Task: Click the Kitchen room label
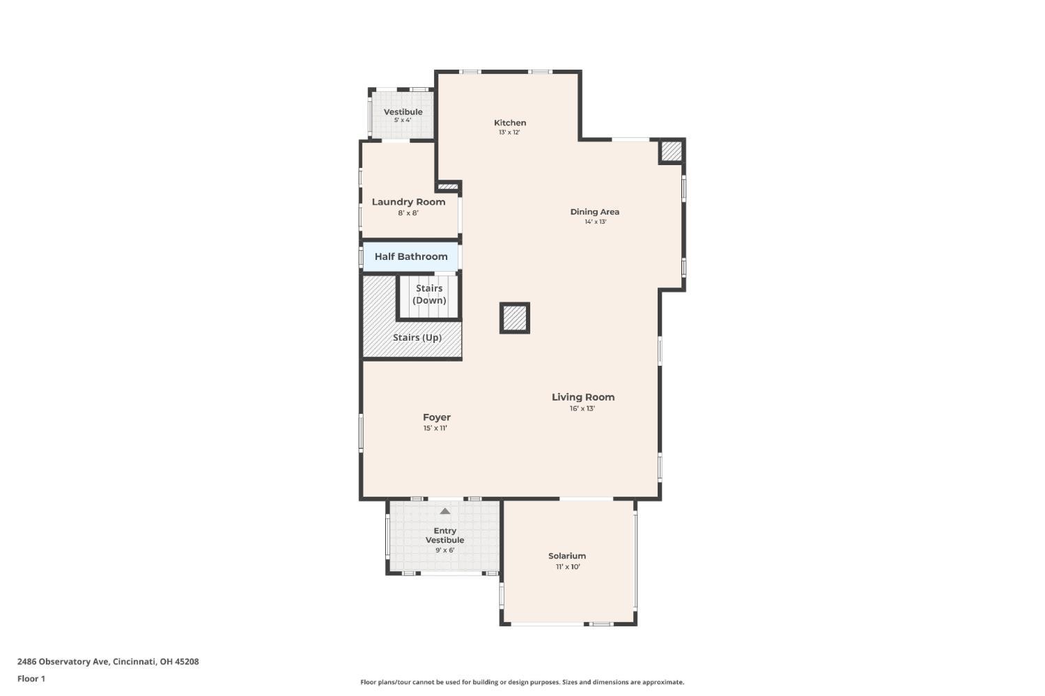510,123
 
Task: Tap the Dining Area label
595,212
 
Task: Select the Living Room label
583,397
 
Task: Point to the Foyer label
437,417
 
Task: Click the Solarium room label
567,555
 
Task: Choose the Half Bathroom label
411,256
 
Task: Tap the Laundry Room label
408,202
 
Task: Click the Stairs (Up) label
417,337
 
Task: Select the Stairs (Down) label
429,294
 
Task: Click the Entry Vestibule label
444,535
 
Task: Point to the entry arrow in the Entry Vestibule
445,511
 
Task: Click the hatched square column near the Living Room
515,318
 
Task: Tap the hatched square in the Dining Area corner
672,152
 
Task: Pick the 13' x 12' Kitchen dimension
509,132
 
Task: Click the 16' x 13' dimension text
582,409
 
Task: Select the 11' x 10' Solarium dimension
568,567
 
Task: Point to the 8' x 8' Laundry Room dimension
408,213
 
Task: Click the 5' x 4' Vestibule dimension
403,121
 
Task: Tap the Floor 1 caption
31,679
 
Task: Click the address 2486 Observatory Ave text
63,661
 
